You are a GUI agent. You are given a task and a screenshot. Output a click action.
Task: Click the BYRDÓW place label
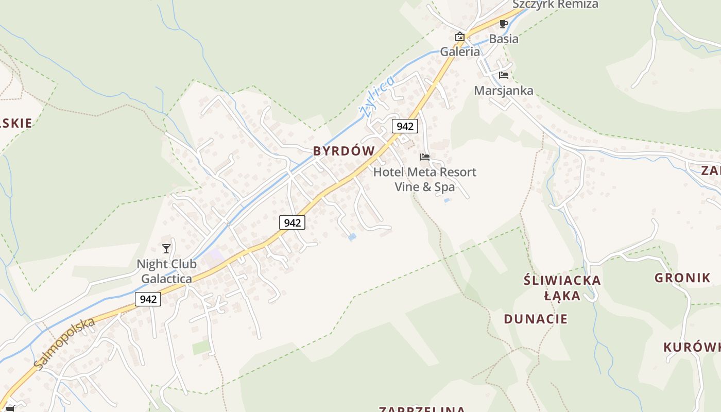344,151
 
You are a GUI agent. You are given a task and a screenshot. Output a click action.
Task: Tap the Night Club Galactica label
166,271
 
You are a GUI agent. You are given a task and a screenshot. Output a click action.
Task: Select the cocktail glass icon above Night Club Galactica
166,249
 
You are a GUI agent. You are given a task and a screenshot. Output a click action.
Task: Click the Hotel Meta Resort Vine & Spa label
425,179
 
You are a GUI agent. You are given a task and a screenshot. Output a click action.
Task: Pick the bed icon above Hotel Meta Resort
425,157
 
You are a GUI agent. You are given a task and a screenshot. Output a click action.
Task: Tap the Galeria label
460,51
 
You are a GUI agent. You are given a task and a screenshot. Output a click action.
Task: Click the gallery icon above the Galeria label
460,37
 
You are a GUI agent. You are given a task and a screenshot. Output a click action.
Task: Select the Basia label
504,39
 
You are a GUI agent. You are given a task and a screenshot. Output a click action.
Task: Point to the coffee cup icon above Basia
504,24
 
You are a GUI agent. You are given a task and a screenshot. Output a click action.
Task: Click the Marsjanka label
504,91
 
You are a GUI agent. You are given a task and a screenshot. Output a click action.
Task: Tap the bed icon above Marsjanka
504,75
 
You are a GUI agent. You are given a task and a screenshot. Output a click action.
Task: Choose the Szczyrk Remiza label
555,5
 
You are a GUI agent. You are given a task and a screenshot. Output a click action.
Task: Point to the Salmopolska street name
65,343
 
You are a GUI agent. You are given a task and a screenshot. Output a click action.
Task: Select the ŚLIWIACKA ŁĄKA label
562,288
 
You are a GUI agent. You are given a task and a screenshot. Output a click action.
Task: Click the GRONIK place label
682,278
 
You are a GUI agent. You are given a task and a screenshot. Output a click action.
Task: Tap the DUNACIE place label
536,319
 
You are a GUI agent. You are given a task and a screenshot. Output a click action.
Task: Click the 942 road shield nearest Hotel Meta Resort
404,126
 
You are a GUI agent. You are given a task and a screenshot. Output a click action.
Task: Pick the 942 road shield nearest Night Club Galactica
148,299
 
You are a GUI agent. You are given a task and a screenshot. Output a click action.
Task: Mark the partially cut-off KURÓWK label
692,347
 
